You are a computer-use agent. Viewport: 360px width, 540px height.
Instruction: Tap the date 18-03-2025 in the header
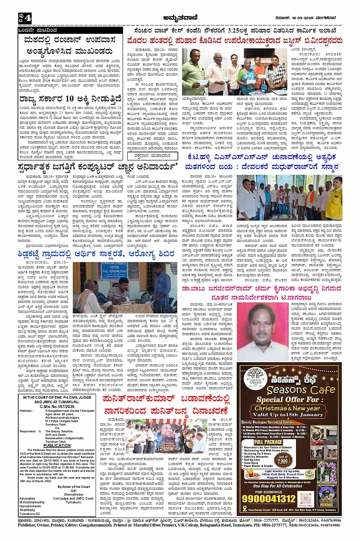point(301,18)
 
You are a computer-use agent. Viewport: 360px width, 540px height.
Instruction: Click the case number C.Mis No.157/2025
point(57,406)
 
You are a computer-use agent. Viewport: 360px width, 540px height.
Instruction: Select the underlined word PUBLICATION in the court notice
point(57,445)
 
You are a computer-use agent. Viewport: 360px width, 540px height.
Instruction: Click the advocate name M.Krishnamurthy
point(33,502)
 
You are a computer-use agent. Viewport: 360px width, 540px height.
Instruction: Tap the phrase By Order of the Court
point(74,487)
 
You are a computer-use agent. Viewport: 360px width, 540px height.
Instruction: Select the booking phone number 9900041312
point(269,499)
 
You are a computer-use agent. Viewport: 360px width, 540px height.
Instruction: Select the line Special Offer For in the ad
point(287,399)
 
